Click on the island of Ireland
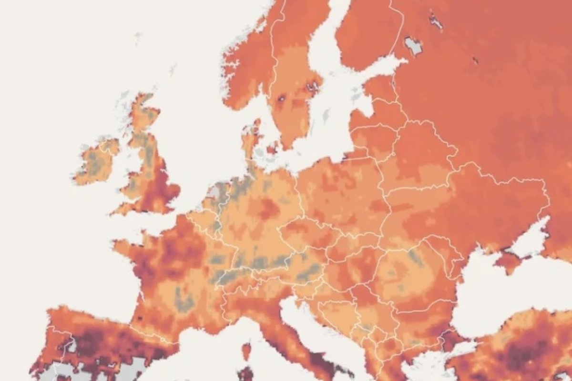coord(95,162)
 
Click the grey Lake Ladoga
coord(413,45)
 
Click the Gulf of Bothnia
coord(329,38)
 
